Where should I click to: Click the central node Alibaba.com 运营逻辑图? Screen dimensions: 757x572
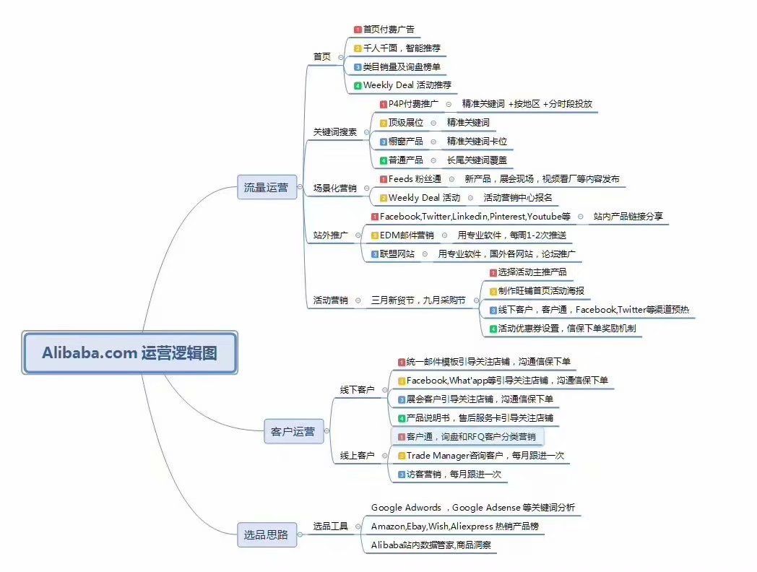[x=129, y=353]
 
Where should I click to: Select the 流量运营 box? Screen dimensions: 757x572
[x=267, y=187]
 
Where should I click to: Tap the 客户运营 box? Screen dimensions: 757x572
[x=293, y=431]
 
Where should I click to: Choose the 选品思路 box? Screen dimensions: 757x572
[x=267, y=534]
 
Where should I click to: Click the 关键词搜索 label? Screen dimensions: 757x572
[x=334, y=131]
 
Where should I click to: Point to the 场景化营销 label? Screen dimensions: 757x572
[x=334, y=188]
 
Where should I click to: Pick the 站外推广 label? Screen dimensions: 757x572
[x=330, y=235]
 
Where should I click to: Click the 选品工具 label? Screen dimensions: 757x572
[x=330, y=526]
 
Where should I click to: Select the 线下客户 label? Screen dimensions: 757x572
[x=357, y=389]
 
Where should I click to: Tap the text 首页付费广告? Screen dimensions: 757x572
[x=389, y=30]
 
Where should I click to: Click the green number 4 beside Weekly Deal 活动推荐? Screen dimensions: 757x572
[x=358, y=86]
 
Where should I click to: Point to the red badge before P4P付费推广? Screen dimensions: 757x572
[x=384, y=104]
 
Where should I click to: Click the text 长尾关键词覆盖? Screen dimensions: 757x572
[x=477, y=160]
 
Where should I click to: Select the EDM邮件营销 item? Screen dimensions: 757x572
[x=407, y=235]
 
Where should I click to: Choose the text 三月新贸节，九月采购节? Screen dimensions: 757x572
[x=418, y=300]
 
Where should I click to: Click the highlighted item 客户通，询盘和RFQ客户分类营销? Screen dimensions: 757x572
[x=467, y=437]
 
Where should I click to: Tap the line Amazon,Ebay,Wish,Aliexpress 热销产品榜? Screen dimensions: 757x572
[x=455, y=526]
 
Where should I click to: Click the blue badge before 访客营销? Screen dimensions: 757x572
[x=401, y=475]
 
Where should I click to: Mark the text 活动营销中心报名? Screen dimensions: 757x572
[x=517, y=198]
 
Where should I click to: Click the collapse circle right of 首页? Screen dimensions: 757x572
[x=341, y=58]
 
